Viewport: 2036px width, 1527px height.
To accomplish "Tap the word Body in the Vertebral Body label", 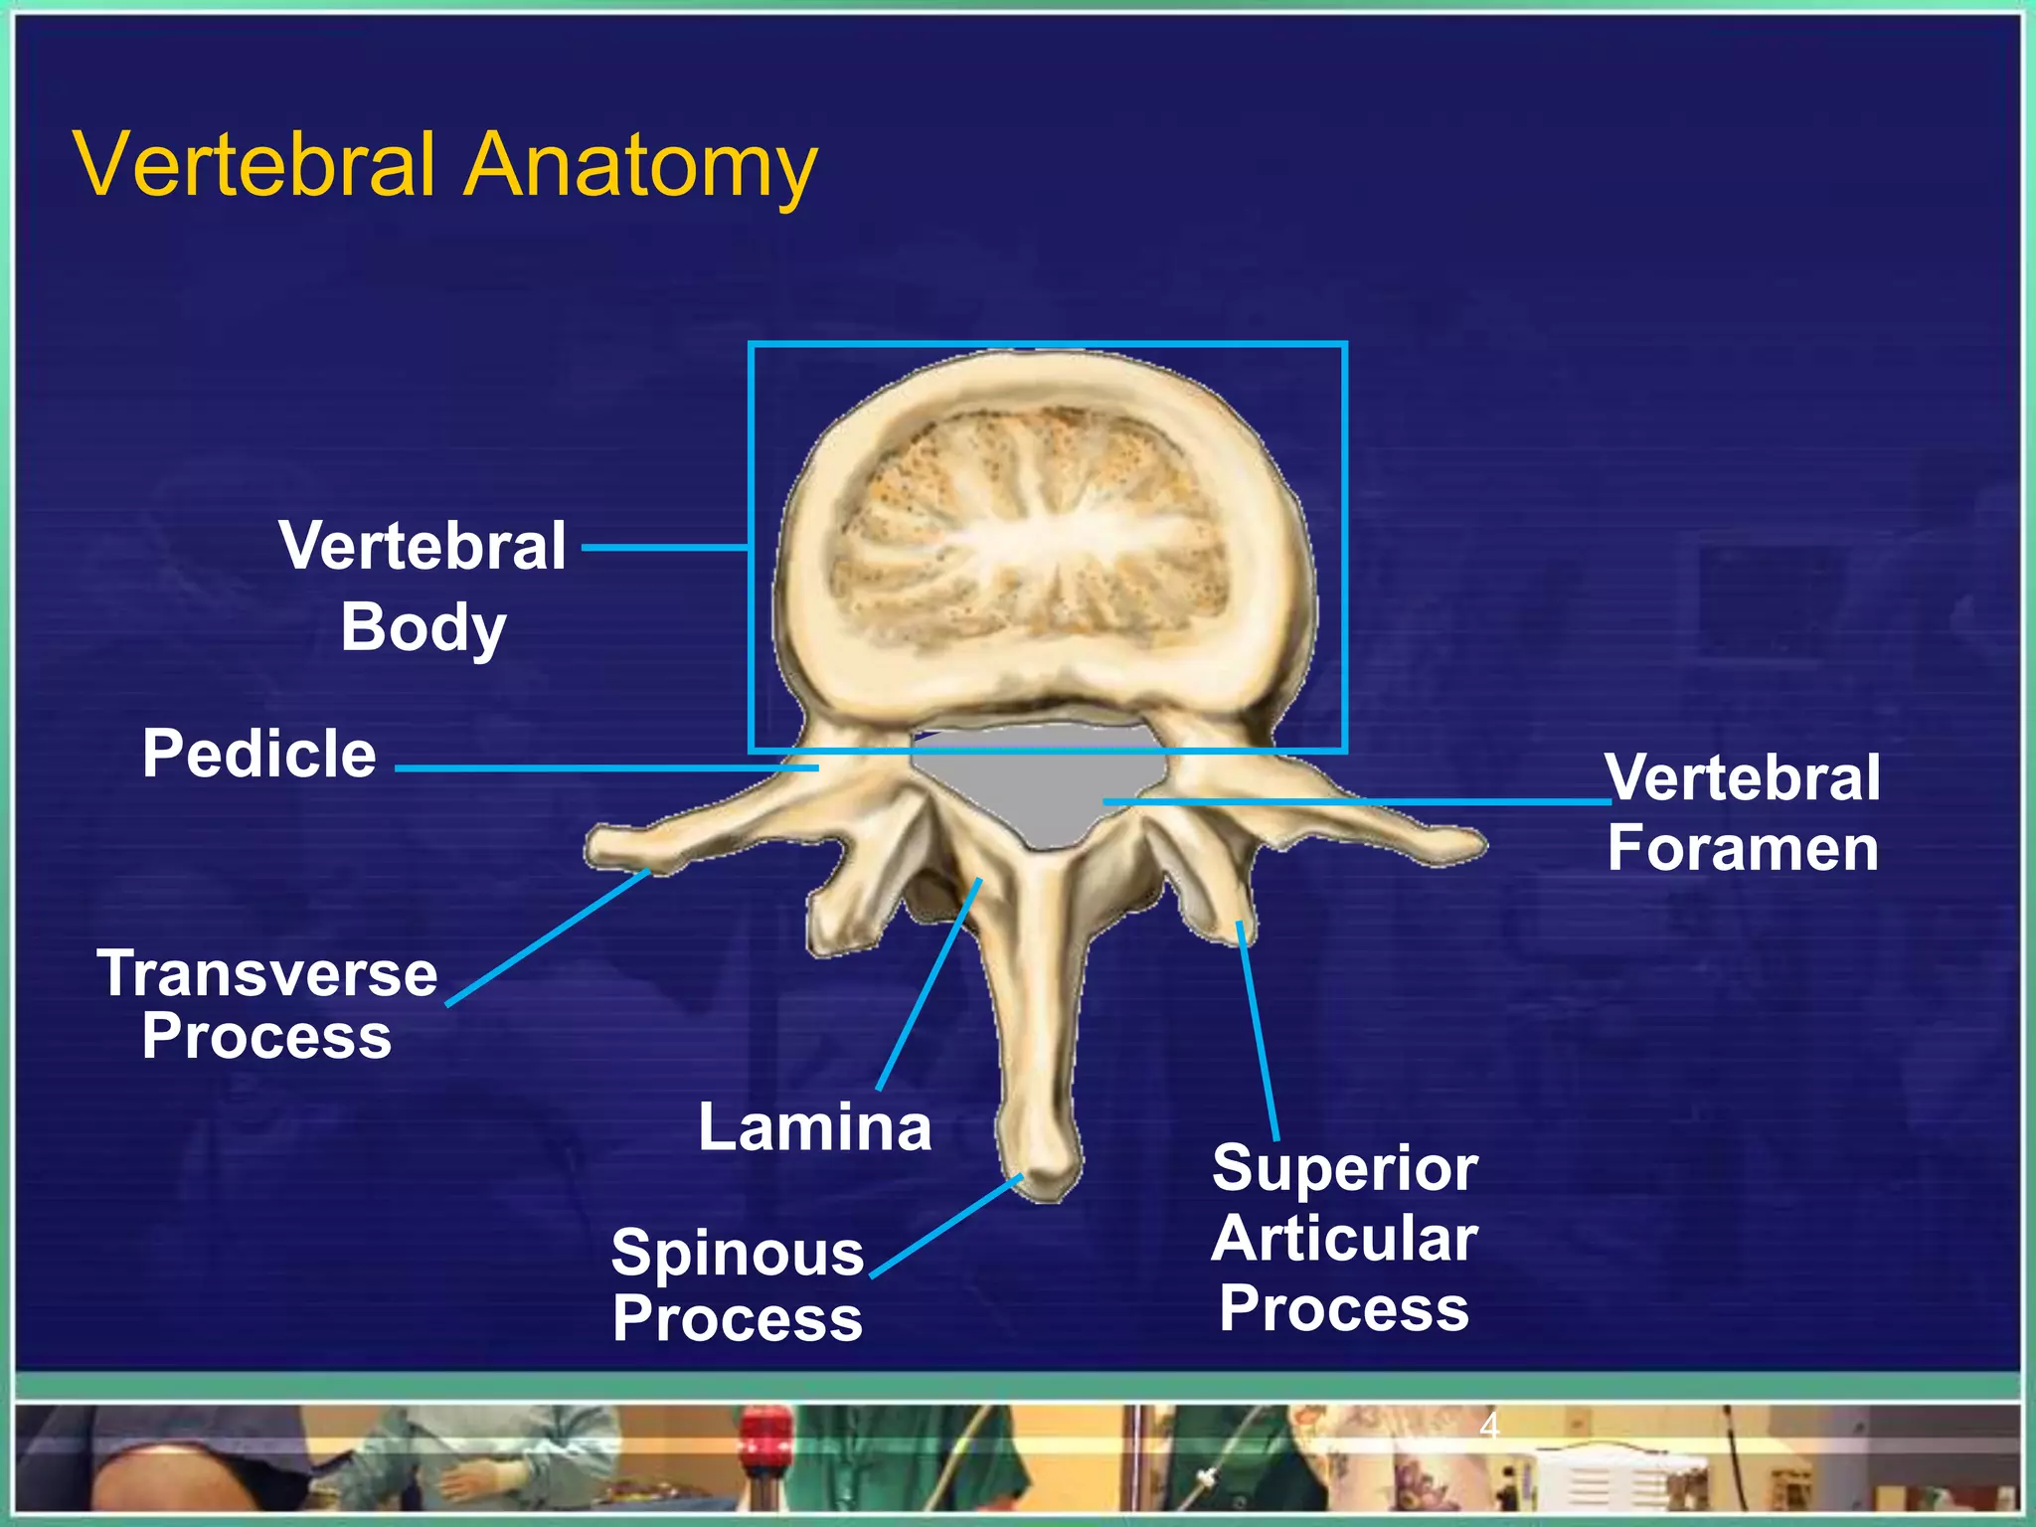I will click(424, 628).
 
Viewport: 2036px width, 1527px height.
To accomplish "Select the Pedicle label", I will click(259, 754).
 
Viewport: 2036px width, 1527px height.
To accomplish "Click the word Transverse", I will click(267, 973).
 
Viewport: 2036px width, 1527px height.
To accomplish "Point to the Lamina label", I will click(814, 1127).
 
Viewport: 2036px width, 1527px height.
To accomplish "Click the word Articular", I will click(1344, 1239).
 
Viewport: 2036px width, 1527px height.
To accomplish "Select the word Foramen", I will click(1742, 849).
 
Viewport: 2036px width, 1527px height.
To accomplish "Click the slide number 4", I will click(1488, 1426).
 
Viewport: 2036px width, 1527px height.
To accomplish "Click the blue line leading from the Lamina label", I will click(928, 984).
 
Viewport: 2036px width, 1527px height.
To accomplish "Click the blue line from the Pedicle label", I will click(606, 768).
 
